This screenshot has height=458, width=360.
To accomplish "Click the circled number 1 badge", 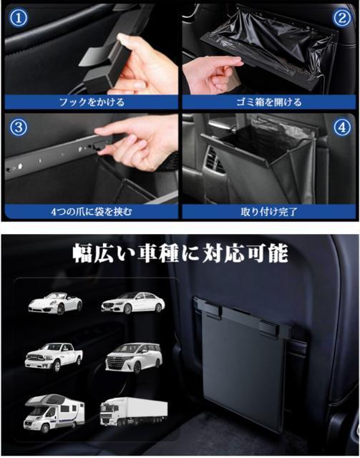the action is pyautogui.click(x=18, y=18).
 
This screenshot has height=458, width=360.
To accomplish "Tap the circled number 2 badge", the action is pyautogui.click(x=342, y=18).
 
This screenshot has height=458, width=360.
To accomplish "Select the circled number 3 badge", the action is pyautogui.click(x=18, y=127).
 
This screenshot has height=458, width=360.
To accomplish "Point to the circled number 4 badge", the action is pyautogui.click(x=342, y=127).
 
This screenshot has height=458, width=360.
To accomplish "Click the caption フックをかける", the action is pyautogui.click(x=92, y=102).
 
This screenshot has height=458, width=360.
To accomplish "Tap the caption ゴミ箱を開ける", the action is pyautogui.click(x=269, y=102).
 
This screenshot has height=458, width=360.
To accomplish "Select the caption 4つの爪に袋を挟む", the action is pyautogui.click(x=92, y=212).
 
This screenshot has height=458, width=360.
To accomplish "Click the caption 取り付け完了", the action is pyautogui.click(x=269, y=212).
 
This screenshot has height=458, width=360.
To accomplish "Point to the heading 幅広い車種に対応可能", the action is pyautogui.click(x=180, y=253).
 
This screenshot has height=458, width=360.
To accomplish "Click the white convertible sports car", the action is pyautogui.click(x=55, y=303).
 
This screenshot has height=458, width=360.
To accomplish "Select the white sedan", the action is pyautogui.click(x=133, y=303).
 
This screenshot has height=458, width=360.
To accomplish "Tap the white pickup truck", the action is pyautogui.click(x=54, y=356).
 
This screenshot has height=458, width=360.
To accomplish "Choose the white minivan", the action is pyautogui.click(x=134, y=358).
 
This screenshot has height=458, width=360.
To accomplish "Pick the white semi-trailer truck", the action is pyautogui.click(x=134, y=412).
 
